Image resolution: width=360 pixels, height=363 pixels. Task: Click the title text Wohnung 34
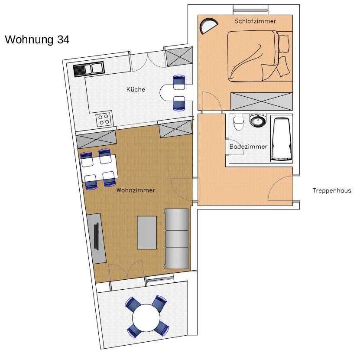[x=37, y=39]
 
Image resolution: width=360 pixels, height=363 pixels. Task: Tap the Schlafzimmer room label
[x=255, y=21]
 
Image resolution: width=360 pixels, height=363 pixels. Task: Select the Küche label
[x=136, y=89]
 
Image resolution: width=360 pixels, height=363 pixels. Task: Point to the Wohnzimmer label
[x=136, y=190]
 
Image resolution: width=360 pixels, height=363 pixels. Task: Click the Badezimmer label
[x=248, y=147]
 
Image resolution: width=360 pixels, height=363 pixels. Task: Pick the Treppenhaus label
[x=332, y=190]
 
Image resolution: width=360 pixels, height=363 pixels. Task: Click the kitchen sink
[x=89, y=69]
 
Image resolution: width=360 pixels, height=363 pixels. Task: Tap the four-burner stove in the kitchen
[x=104, y=119]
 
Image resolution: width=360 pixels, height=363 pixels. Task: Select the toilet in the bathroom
[x=239, y=122]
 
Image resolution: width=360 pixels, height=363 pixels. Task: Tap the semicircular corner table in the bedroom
[x=208, y=26]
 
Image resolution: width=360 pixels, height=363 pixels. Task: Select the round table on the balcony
[x=146, y=317]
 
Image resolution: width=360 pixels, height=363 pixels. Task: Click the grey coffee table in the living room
[x=147, y=232]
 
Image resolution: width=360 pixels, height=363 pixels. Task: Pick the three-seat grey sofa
[x=176, y=239]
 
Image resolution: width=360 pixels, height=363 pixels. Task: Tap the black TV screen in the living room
[x=97, y=236]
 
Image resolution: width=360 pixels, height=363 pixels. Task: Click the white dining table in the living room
[x=99, y=169]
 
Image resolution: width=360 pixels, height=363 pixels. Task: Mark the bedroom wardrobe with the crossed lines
[x=262, y=101]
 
